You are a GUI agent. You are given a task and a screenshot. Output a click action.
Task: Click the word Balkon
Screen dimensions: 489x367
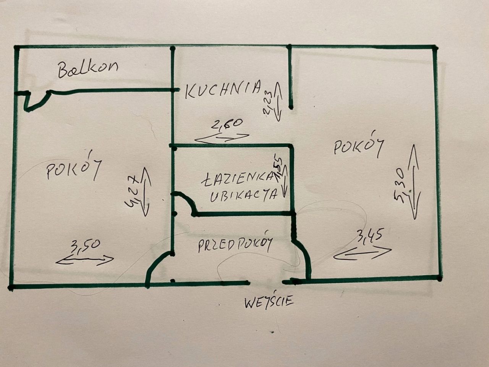(x=88, y=69)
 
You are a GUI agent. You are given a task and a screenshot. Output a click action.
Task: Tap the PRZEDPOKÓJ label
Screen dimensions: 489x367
(x=235, y=245)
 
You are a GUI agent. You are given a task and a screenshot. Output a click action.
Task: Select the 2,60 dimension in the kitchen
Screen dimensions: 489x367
(x=226, y=124)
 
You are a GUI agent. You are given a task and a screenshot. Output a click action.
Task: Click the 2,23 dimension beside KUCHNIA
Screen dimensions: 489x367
(x=268, y=103)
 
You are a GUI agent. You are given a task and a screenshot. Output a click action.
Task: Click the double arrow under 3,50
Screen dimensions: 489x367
(x=85, y=260)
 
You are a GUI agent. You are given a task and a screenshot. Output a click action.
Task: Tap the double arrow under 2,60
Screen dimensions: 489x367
(x=222, y=138)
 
